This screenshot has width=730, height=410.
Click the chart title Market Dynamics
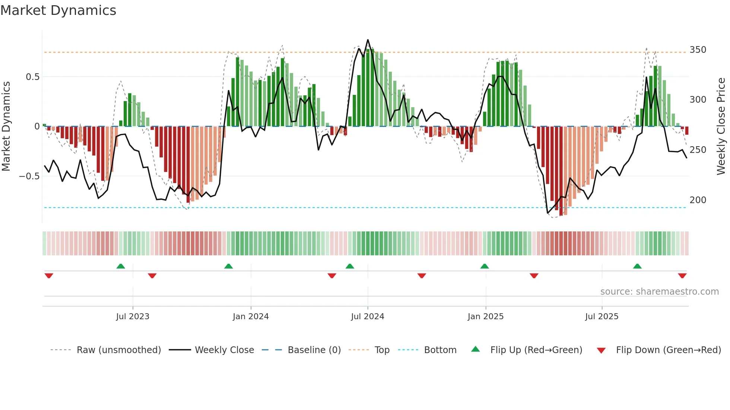[58, 10]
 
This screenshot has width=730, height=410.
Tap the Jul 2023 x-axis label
[133, 317]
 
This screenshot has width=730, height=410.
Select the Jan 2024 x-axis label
[251, 317]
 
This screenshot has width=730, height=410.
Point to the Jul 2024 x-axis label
[368, 317]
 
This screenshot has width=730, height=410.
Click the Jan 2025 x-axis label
[486, 317]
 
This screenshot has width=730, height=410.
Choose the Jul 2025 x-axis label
[602, 317]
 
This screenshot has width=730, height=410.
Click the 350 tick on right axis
[698, 50]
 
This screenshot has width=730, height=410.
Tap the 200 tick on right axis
[698, 200]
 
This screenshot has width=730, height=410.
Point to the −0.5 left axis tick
[29, 176]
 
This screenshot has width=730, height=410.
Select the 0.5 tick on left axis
[32, 77]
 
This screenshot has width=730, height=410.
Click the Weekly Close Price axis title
[721, 126]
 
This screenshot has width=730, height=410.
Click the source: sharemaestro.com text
[660, 292]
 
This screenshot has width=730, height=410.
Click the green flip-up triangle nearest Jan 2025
[485, 266]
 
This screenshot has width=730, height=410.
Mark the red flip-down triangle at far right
[682, 276]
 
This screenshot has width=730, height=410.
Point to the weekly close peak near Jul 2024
[368, 40]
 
